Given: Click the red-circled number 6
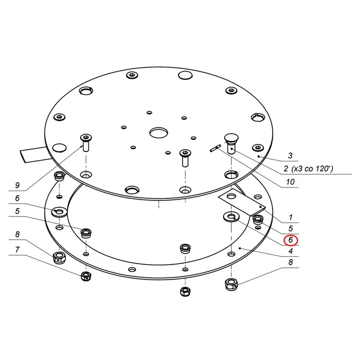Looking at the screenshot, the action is pos(291,240).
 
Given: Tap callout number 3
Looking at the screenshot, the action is pos(290,156).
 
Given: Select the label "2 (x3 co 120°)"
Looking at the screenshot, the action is pos(308,169).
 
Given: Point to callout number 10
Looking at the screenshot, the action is pos(290,182).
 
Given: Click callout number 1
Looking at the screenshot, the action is pos(291,217).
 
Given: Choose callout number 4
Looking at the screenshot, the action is pos(291,251).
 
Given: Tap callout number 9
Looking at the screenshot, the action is pos(17,185).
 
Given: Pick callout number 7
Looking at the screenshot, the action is pos(17,249).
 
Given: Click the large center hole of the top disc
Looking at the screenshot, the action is pos(159,133).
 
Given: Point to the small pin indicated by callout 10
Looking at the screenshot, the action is pos(216,148).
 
